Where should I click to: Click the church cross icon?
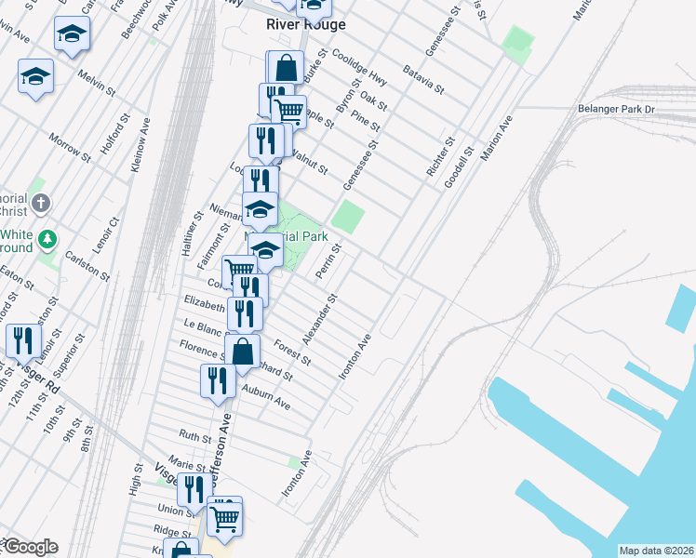40,203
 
